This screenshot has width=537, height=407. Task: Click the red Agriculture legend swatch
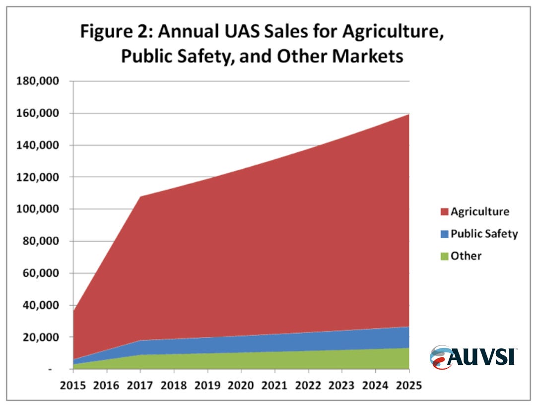click(444, 212)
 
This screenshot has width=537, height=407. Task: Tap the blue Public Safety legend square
click(444, 234)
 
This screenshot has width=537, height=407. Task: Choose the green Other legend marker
click(444, 256)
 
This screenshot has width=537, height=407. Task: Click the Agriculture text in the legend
click(479, 211)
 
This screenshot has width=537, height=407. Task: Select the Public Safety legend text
click(484, 234)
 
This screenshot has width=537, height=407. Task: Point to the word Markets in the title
click(367, 57)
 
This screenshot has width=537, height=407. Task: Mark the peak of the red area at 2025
click(408, 114)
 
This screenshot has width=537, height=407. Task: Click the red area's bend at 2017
click(140, 197)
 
